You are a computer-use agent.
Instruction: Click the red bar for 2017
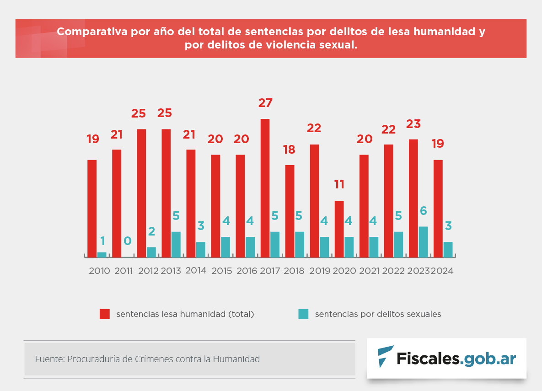coord(265,187)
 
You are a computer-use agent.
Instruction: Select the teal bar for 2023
coord(423,241)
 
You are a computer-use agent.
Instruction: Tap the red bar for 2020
coord(339,229)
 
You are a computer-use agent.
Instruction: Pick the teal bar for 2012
coord(151,252)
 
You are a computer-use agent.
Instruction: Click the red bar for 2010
coord(92,208)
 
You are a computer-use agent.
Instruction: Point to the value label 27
coord(265,103)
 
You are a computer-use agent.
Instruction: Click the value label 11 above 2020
coord(339,185)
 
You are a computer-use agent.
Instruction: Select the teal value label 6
coord(424,211)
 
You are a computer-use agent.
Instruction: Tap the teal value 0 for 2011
coord(128,241)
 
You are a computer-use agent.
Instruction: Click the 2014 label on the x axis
coord(196,270)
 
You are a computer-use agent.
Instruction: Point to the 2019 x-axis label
coord(320,271)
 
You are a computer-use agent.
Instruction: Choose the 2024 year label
coord(442,271)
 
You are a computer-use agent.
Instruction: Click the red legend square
coord(105,314)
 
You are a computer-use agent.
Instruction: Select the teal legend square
coord(303,314)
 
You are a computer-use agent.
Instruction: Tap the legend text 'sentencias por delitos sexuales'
coord(378,314)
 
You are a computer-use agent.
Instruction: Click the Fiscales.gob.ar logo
coord(446,358)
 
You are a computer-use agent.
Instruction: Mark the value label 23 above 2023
coord(413,124)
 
